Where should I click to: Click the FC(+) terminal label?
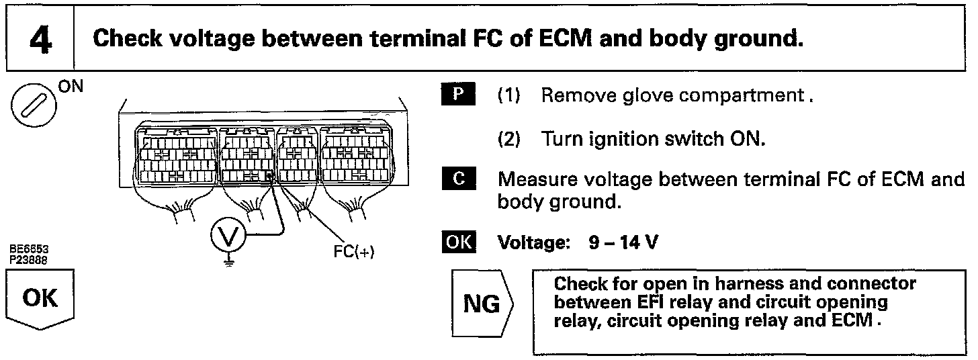pyautogui.click(x=353, y=252)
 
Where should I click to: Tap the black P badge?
pyautogui.click(x=459, y=95)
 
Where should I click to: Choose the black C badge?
pyautogui.click(x=459, y=180)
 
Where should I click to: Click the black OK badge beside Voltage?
pyautogui.click(x=459, y=242)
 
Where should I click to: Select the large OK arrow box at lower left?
pyautogui.click(x=40, y=299)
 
